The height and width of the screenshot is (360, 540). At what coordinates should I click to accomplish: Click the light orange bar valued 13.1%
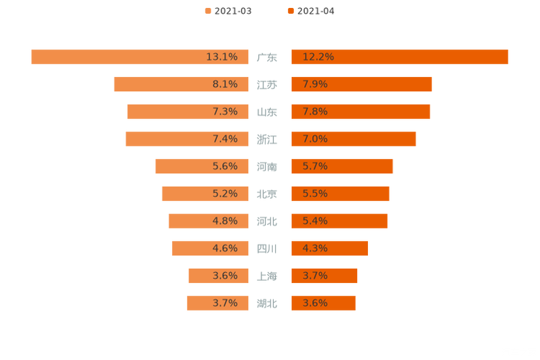[x=139, y=57]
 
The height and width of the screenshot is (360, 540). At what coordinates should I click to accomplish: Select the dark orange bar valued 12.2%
[x=400, y=57]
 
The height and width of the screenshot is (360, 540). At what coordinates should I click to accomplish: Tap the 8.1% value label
[x=225, y=84]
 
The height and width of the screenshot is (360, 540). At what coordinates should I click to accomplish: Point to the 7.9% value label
[x=315, y=84]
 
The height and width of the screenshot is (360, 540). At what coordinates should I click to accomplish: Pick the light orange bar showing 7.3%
[x=188, y=112]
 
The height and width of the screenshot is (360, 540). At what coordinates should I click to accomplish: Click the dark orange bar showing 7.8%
[x=361, y=112]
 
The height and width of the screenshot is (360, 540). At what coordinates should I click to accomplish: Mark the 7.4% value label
[x=225, y=139]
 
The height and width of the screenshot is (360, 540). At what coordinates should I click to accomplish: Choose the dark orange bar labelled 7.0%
[x=353, y=139]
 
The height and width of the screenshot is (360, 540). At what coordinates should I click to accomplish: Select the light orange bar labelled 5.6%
[x=202, y=166]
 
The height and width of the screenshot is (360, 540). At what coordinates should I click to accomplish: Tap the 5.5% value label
[x=315, y=194]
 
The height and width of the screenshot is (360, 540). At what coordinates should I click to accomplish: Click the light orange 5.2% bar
[x=205, y=194]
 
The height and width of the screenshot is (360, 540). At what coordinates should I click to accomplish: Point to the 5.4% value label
[x=315, y=221]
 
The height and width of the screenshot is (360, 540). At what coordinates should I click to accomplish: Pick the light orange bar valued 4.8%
[x=208, y=221]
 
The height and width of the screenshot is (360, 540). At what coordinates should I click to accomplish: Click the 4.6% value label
[x=225, y=248]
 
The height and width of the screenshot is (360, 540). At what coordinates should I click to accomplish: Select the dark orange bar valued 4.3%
[x=330, y=248]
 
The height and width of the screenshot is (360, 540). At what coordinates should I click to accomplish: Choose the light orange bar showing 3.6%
[x=218, y=276]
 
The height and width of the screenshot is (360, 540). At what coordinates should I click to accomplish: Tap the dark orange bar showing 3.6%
[x=324, y=303]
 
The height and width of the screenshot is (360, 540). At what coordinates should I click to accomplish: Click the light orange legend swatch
[x=208, y=11]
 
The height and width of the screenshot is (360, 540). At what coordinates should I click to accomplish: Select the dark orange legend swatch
[x=291, y=11]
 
